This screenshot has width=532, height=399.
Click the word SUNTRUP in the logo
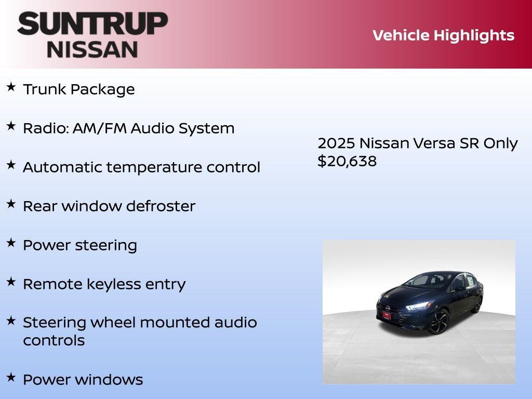92,23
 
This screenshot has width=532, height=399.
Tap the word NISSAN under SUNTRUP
92,49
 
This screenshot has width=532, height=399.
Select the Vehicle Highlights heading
443,35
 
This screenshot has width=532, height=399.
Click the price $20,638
347,161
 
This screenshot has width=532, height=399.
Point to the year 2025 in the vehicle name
336,143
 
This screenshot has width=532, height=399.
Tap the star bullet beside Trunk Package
11,87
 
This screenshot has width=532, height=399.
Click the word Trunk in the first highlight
45,89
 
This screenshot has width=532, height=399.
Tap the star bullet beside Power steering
11,243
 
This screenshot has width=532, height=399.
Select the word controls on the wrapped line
54,341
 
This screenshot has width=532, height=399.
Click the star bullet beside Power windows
11,377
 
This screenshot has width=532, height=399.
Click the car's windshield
421,281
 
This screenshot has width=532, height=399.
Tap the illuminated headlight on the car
418,306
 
